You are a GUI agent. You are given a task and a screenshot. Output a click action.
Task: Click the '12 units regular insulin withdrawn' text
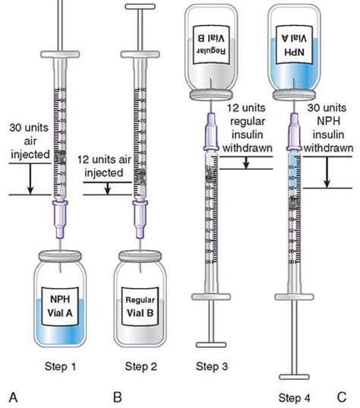point(255,131)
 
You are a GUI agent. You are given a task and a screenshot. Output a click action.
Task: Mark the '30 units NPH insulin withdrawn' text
point(333,131)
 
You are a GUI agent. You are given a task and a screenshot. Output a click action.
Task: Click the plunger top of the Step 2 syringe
point(140,8)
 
